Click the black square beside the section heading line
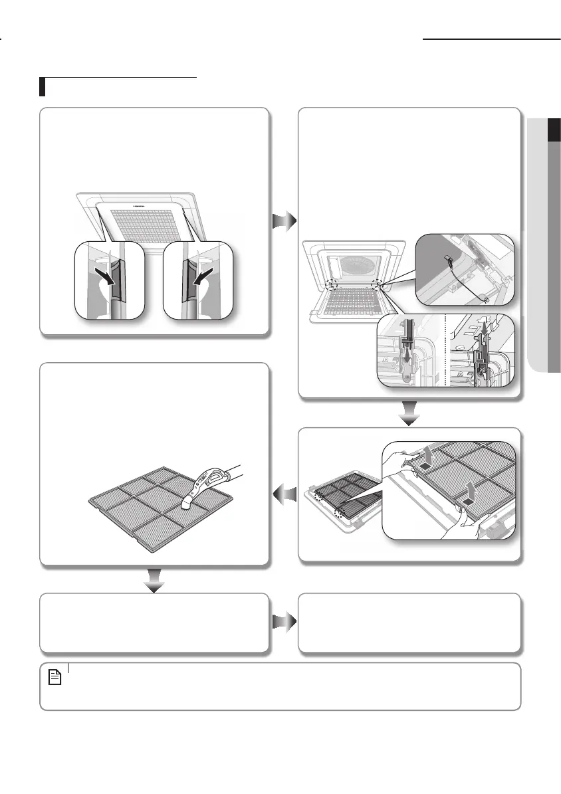click(x=43, y=86)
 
